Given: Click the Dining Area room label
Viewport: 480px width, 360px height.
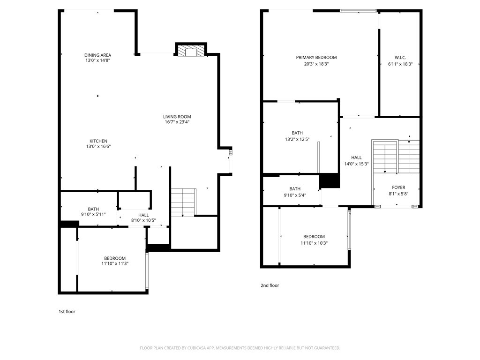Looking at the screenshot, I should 97,55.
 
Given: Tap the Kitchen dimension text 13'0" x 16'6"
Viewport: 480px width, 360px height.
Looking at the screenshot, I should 98,146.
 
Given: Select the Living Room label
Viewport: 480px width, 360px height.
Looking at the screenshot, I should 177,117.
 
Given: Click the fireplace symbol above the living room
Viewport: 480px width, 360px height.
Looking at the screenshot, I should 191,51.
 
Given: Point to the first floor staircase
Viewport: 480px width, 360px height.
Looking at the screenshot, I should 183,202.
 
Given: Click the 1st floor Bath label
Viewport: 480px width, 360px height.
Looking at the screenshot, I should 93,209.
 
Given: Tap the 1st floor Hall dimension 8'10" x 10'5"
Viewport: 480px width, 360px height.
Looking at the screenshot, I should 143,220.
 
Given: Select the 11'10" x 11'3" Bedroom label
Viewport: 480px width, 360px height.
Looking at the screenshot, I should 115,258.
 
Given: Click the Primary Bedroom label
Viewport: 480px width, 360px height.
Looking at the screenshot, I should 316,58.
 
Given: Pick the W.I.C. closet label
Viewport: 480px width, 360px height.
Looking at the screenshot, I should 400,58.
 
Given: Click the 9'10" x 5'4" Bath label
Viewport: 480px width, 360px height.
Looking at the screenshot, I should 295,189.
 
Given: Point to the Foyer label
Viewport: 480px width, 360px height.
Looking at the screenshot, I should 398,187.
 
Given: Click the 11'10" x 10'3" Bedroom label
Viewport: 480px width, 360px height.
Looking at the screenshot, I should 314,237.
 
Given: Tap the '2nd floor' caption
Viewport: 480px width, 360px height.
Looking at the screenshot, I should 270,285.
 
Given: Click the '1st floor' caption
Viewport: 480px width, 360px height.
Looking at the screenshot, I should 67,311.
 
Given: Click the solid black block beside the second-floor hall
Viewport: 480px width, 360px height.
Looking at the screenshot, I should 329,180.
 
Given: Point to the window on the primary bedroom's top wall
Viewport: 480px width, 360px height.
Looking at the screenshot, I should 358,10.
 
